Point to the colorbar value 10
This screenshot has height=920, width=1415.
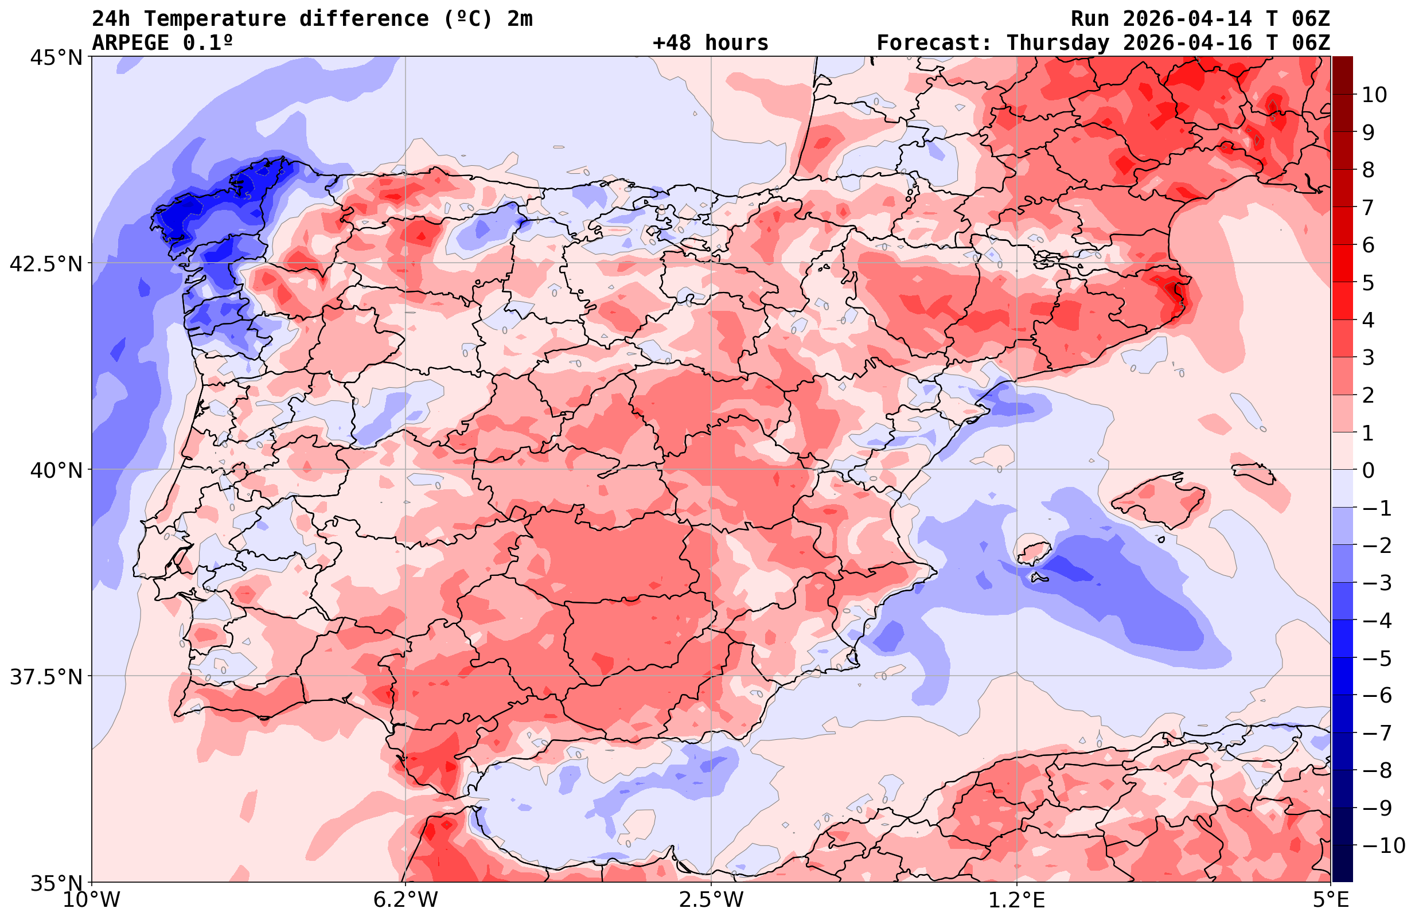[1374, 95]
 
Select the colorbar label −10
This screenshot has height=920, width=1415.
[1383, 845]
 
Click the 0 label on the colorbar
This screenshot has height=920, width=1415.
[1368, 470]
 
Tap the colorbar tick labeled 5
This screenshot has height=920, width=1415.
[1368, 283]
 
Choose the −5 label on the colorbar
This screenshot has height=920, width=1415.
[1377, 658]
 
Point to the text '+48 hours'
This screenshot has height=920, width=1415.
[710, 43]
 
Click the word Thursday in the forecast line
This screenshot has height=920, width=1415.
[1058, 43]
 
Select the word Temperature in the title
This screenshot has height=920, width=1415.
[221, 19]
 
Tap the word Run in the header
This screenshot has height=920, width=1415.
[1090, 19]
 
